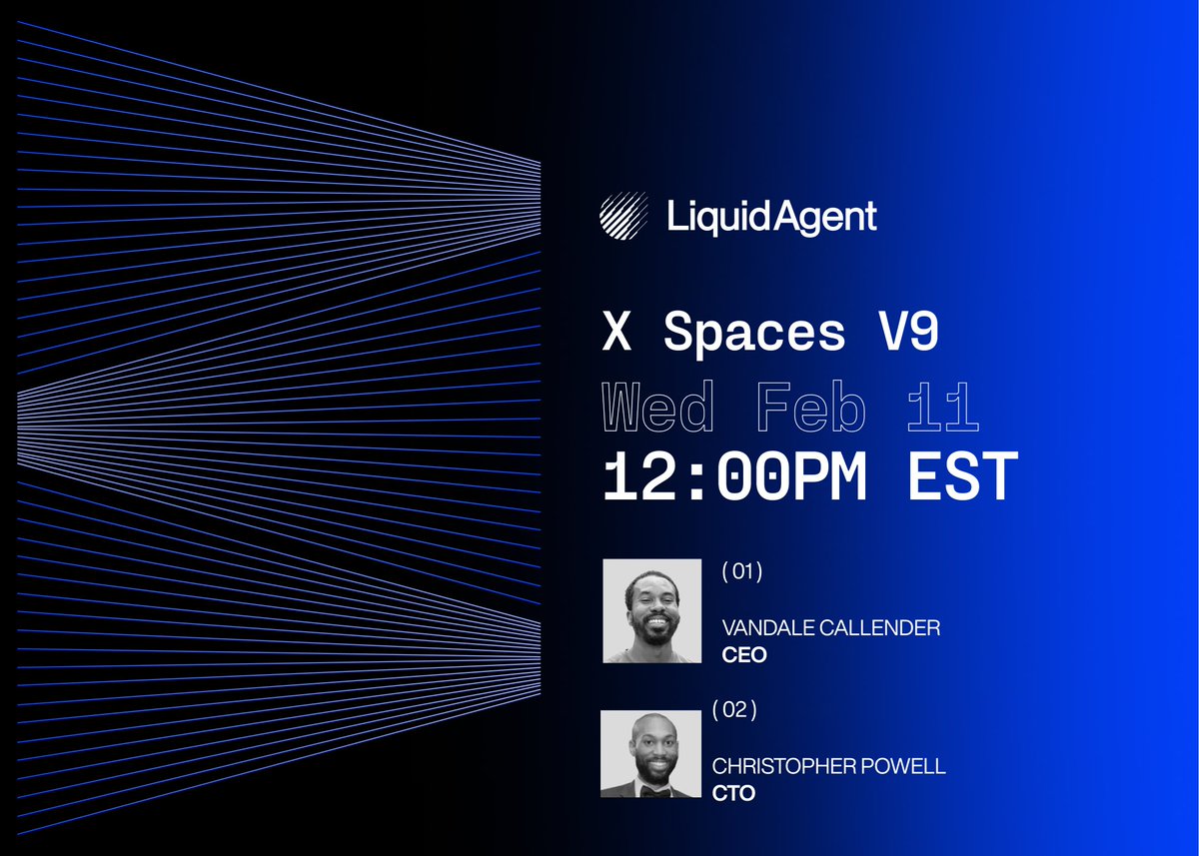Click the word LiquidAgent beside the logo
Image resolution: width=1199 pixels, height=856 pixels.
coord(772,217)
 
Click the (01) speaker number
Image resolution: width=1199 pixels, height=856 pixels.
coord(742,572)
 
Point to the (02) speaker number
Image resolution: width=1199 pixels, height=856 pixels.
coord(734,711)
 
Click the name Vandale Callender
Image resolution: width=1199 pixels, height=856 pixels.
coord(830,628)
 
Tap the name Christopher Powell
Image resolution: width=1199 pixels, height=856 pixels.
coord(828,767)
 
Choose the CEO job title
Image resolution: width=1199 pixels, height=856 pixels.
coord(743,655)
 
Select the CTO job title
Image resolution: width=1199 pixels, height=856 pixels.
coord(733,794)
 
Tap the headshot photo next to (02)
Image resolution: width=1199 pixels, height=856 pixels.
coord(650,754)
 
